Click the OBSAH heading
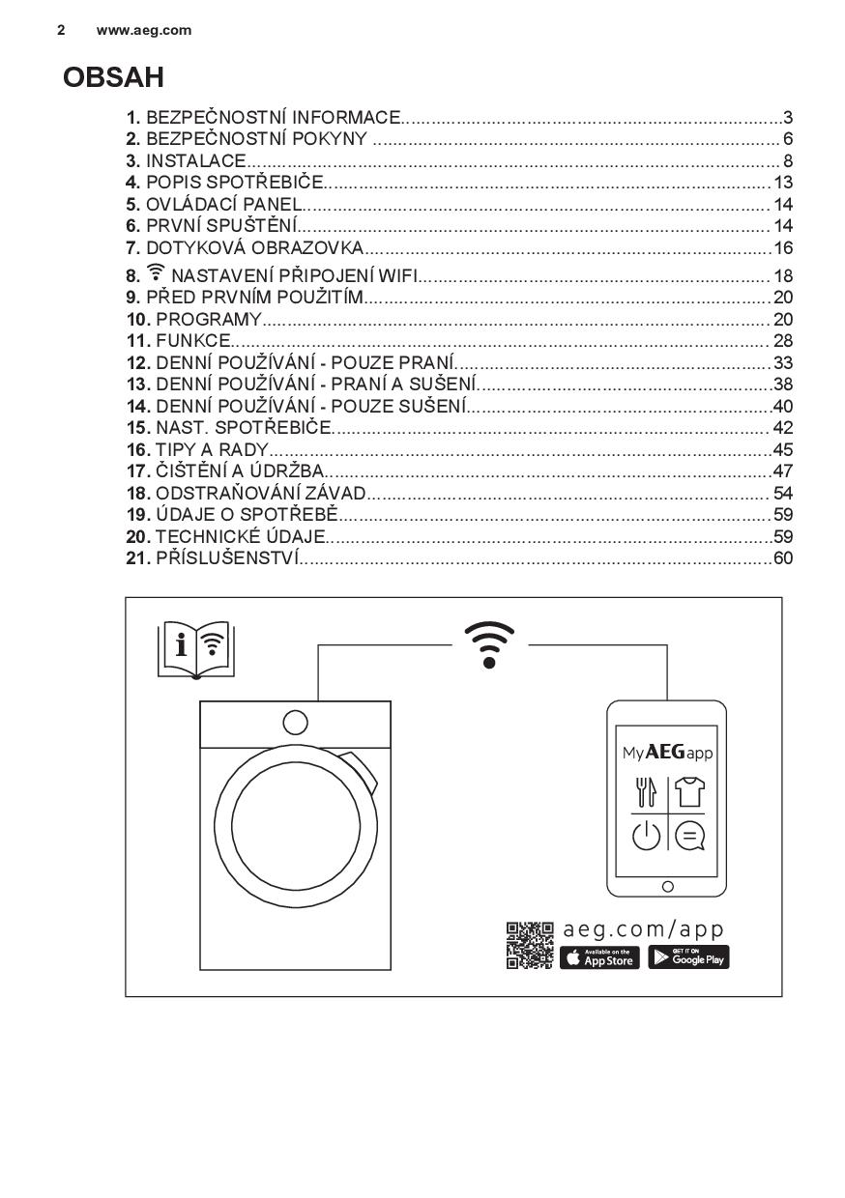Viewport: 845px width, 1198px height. [113, 77]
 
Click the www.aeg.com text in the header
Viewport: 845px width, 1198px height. [144, 30]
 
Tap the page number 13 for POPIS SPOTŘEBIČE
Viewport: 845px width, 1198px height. [783, 183]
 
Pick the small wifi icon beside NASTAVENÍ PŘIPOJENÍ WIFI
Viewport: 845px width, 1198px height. [157, 273]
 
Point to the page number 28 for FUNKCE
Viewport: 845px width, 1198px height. [783, 340]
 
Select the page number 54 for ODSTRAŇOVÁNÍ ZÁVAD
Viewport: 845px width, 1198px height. [783, 493]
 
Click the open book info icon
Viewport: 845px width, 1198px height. [195, 649]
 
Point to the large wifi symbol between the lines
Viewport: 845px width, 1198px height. [489, 645]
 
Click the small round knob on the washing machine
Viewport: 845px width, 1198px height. [295, 723]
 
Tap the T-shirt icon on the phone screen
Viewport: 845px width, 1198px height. [689, 792]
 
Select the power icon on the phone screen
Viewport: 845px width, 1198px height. [646, 835]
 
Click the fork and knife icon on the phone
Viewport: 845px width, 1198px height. [646, 792]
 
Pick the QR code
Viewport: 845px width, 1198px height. [530, 946]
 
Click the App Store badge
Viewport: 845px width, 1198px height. [599, 957]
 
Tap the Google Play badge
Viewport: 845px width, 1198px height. [688, 957]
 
